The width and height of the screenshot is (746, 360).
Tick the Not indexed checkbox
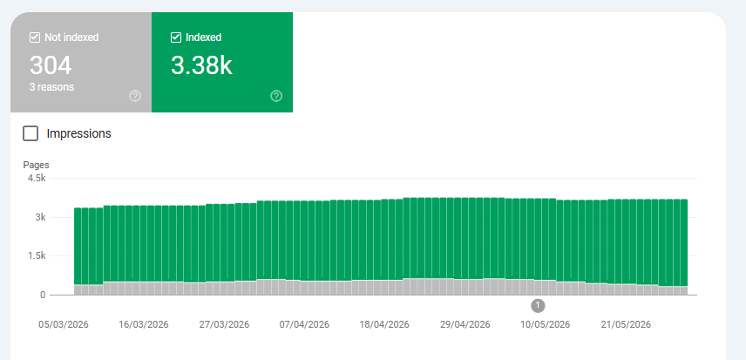(35, 37)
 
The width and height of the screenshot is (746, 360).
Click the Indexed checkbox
(175, 37)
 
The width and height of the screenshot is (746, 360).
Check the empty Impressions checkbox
(31, 133)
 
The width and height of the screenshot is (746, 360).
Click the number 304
(51, 65)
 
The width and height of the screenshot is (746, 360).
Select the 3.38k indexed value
(201, 65)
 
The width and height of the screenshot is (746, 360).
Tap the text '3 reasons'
(51, 87)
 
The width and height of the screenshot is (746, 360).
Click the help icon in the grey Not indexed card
(135, 96)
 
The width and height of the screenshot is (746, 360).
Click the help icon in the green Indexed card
(276, 96)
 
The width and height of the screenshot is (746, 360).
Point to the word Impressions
(78, 133)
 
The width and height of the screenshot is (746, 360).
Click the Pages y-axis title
(36, 165)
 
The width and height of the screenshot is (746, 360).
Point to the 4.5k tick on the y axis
(36, 179)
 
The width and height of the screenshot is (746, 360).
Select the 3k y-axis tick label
(40, 217)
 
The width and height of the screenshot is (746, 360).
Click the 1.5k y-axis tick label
(36, 256)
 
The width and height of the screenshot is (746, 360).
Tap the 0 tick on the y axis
(43, 295)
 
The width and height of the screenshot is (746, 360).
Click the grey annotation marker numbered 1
(538, 306)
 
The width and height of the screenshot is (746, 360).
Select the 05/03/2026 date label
(64, 325)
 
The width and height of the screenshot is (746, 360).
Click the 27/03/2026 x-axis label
(224, 325)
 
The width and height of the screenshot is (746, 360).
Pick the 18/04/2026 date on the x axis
(384, 325)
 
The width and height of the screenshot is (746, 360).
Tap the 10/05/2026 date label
(545, 325)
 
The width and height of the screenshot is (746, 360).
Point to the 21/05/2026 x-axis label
(626, 325)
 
